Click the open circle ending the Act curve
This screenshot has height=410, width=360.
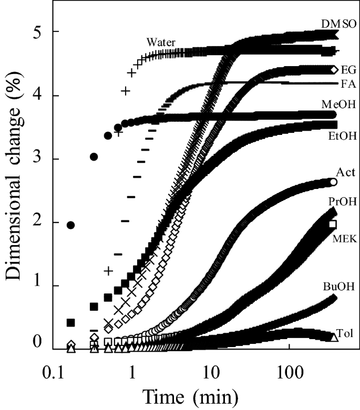tap(333, 182)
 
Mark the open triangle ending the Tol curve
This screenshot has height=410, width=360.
tap(333, 337)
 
